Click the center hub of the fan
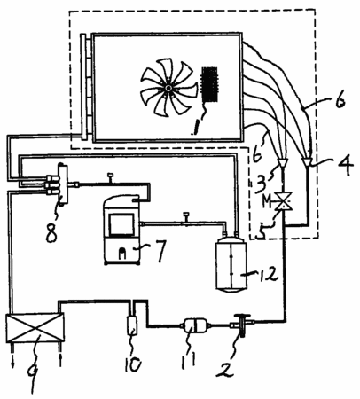[x=168, y=89]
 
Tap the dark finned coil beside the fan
[x=209, y=84]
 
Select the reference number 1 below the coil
[x=195, y=126]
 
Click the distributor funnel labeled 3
[x=283, y=162]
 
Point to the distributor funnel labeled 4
[x=308, y=161]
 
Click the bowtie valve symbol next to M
[x=284, y=201]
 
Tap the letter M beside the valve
[x=267, y=201]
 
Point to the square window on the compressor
[x=121, y=224]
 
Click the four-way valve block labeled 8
[x=63, y=184]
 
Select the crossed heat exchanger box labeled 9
[x=35, y=329]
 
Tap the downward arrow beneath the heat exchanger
[x=13, y=356]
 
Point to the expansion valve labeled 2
[x=241, y=325]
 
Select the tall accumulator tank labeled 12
[x=231, y=264]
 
